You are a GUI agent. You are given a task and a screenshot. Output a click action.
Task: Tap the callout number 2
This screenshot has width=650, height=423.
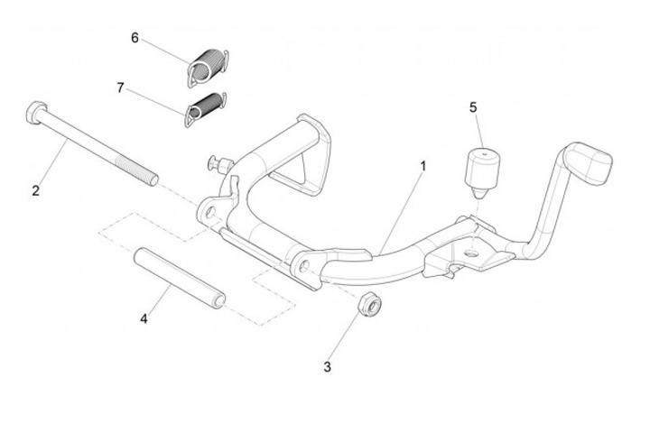pyautogui.click(x=36, y=190)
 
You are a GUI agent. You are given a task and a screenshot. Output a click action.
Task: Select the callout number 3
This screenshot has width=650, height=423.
pyautogui.click(x=329, y=367)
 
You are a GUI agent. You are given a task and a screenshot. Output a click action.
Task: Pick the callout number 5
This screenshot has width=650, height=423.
pyautogui.click(x=472, y=106)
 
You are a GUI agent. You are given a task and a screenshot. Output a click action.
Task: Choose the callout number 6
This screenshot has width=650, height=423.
pyautogui.click(x=135, y=38)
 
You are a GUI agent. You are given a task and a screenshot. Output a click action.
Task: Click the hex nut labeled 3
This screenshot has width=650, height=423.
pyautogui.click(x=369, y=305)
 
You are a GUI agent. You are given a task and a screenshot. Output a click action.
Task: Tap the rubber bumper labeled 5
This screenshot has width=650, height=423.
pyautogui.click(x=480, y=167)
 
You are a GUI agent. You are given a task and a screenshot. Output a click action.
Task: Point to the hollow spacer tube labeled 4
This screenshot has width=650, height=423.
pyautogui.click(x=180, y=277)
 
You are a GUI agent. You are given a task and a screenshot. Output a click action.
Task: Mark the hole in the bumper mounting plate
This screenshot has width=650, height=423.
pyautogui.click(x=470, y=253)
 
